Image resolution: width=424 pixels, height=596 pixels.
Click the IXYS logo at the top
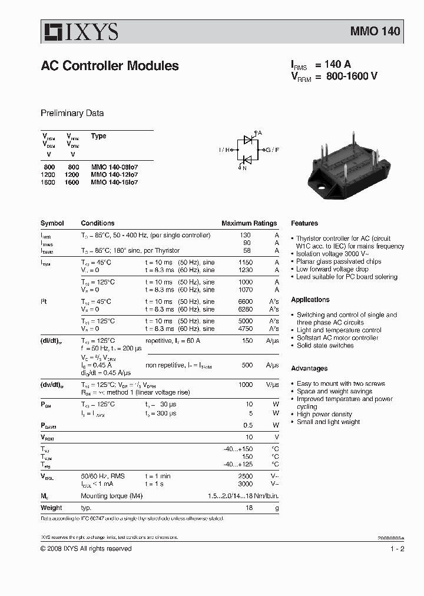79,31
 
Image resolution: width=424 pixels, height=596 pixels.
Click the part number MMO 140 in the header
375,31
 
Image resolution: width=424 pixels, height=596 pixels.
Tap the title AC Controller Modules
110,66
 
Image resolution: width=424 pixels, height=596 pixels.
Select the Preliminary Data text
72,113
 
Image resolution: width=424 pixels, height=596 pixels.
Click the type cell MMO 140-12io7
114,175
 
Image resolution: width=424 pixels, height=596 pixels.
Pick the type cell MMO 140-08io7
114,167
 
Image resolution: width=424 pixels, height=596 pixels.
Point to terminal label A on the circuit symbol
260,133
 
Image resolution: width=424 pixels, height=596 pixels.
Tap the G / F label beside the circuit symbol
272,150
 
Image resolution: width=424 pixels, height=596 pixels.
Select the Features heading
304,223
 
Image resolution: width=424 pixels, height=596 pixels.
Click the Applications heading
310,300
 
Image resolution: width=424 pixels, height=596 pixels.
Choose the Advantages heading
309,369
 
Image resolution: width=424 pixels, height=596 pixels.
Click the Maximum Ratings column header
249,223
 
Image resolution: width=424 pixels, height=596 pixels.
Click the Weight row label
51,508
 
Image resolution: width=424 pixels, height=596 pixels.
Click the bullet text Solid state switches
325,346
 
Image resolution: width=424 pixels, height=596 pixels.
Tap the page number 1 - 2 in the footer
397,549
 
